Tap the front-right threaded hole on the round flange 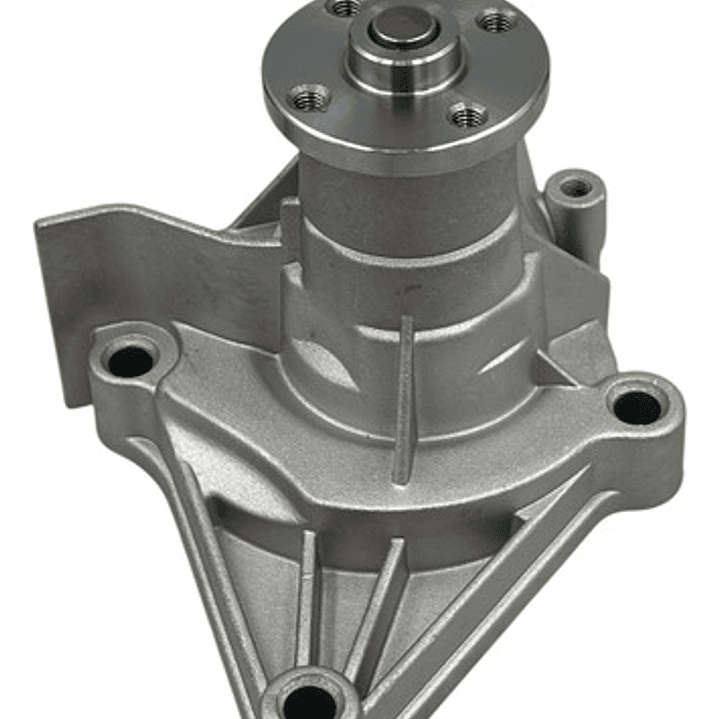click(467, 116)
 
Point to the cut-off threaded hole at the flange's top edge click(346, 6)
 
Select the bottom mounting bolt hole click(304, 695)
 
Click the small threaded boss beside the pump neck click(575, 188)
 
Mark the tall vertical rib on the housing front click(404, 400)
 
